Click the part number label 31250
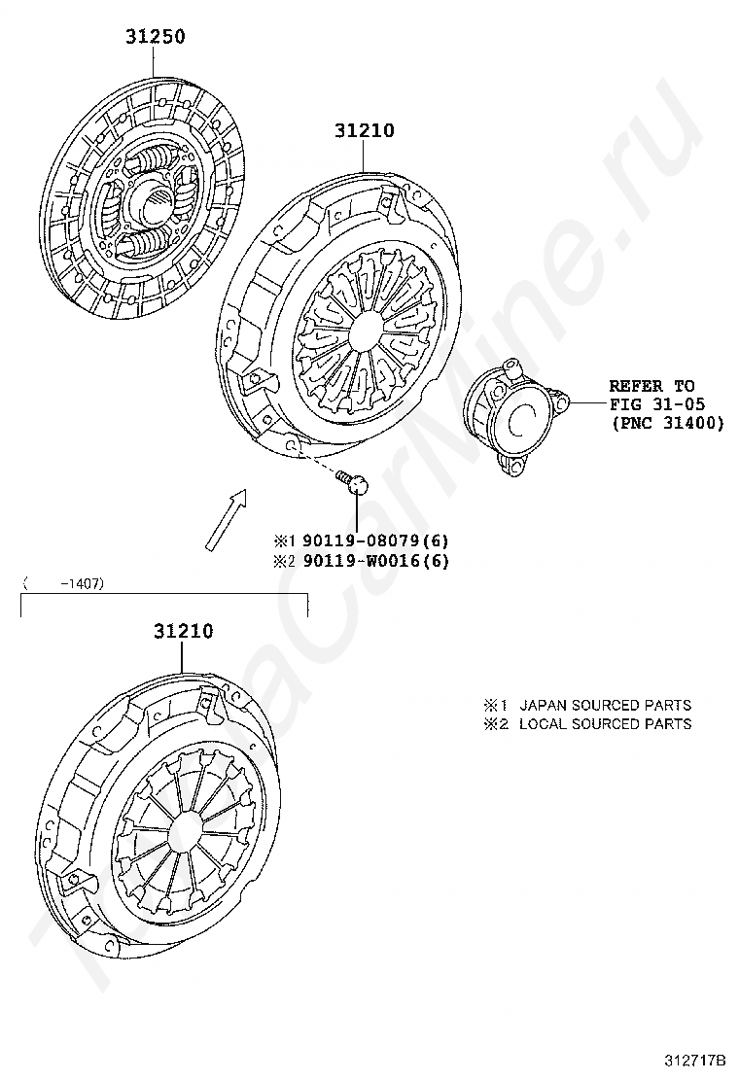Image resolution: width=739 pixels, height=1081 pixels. click(x=155, y=37)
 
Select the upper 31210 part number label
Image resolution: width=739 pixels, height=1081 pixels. click(x=365, y=130)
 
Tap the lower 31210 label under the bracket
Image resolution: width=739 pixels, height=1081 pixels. click(x=183, y=631)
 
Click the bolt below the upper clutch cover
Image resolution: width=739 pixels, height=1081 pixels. click(x=353, y=480)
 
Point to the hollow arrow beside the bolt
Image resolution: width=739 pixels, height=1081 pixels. click(x=226, y=520)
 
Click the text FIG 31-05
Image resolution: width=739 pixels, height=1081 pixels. click(x=657, y=404)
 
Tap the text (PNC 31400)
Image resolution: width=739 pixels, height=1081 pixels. click(x=667, y=423)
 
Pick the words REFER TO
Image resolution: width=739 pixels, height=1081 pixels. click(x=651, y=386)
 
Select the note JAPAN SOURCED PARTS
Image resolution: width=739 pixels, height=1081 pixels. click(x=605, y=705)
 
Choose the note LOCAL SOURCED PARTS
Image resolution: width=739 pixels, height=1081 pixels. click(x=605, y=724)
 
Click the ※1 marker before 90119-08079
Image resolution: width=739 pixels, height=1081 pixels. click(x=283, y=540)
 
